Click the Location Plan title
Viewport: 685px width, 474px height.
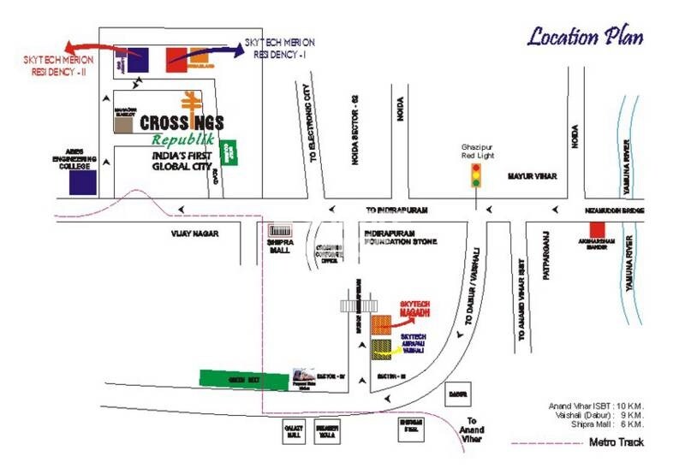(x=585, y=36)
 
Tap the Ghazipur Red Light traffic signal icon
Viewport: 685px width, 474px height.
(x=474, y=177)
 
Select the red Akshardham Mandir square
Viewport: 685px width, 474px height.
(x=598, y=229)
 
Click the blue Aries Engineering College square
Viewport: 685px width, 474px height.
(x=81, y=182)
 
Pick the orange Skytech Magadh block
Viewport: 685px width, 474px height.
(x=382, y=323)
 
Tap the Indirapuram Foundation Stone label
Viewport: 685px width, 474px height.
(x=401, y=237)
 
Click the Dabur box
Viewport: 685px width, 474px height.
(x=457, y=395)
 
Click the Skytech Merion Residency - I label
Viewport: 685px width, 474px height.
(x=279, y=47)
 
